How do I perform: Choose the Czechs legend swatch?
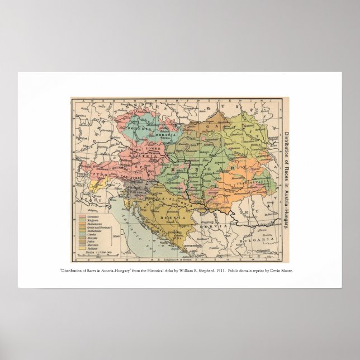82,233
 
